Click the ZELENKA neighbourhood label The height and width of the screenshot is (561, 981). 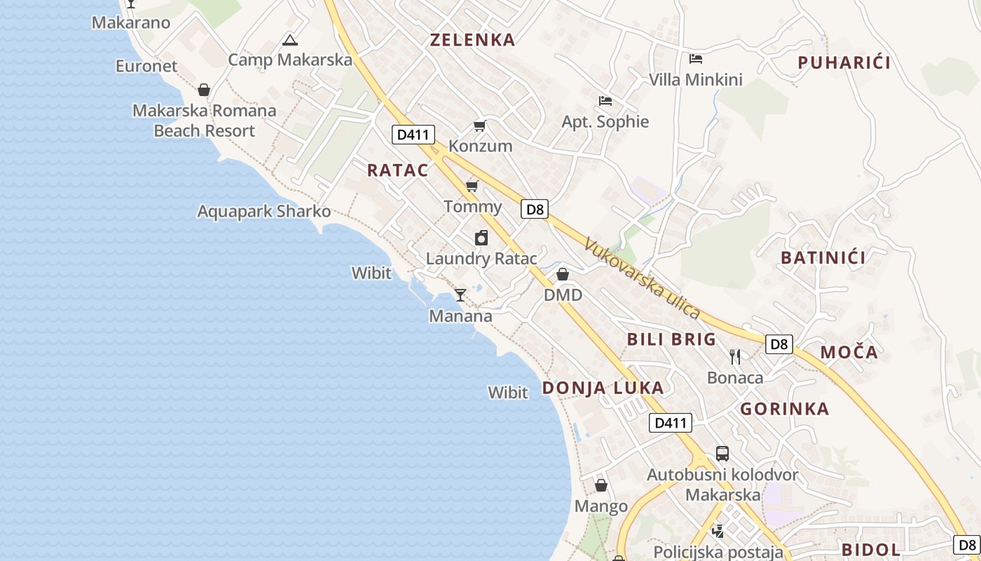[x=472, y=40]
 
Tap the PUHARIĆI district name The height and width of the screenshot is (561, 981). [x=844, y=63]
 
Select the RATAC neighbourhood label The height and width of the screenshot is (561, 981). [x=397, y=170]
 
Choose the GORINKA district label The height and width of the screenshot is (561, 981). [x=784, y=409]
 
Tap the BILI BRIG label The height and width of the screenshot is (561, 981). [x=671, y=340]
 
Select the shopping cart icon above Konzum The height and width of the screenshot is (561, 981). [x=480, y=126]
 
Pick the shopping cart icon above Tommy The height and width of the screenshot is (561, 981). [x=472, y=186]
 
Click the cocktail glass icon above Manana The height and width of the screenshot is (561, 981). [x=460, y=295]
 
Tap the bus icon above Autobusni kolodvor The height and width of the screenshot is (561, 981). [x=722, y=454]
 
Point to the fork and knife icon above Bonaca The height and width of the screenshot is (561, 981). [x=734, y=357]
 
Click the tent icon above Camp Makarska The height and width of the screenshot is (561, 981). [x=289, y=40]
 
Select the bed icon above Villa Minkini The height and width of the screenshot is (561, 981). [x=695, y=59]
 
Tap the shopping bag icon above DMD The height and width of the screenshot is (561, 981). [x=563, y=274]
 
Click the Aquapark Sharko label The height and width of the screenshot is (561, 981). [x=263, y=211]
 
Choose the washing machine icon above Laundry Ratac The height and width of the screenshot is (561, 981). [x=481, y=238]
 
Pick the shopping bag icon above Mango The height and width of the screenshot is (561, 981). [x=601, y=485]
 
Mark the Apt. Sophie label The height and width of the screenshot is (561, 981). [x=605, y=122]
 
